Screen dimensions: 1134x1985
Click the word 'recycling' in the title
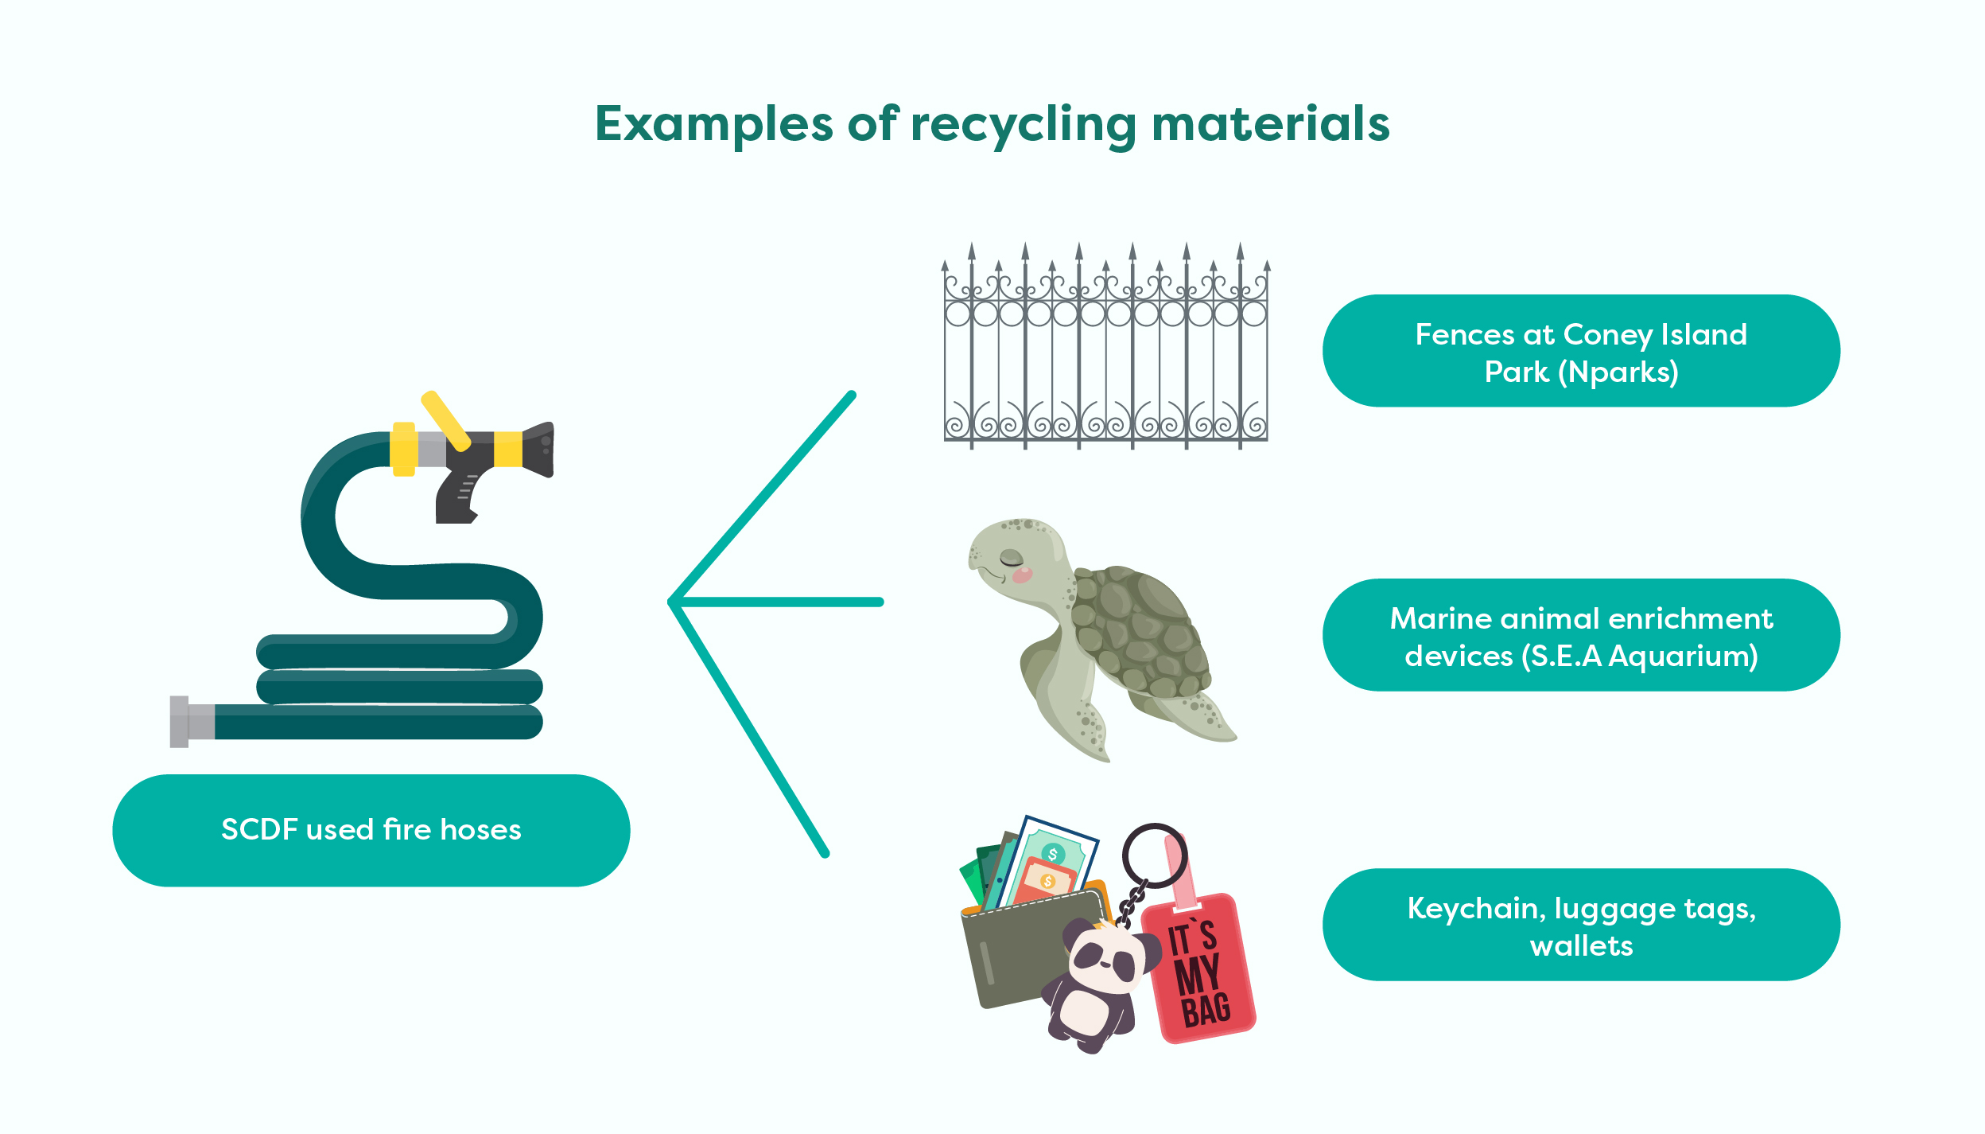pos(1024,125)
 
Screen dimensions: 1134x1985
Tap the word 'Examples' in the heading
pos(713,125)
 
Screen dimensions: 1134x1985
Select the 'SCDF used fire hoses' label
pos(371,830)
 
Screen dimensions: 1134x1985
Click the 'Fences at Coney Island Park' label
pos(1580,352)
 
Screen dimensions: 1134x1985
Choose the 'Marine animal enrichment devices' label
pos(1580,636)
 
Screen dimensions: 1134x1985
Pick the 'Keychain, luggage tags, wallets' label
pos(1580,926)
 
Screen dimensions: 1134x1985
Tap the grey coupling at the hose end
pos(191,722)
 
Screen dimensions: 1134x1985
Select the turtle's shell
pos(1137,629)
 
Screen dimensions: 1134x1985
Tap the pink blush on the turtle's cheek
pos(1022,575)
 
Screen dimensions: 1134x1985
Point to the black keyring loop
pos(1154,855)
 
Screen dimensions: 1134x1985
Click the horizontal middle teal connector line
pos(779,602)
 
